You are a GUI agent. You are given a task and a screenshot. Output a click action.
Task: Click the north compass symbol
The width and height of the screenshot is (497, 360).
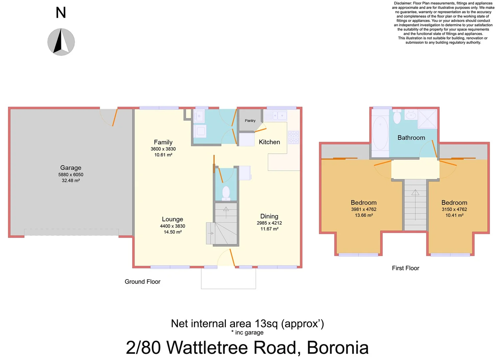pos(61,42)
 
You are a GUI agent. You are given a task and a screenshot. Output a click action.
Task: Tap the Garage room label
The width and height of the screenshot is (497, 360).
pos(71,168)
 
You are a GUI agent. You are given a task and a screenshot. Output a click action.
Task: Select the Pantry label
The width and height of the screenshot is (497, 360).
pos(250,121)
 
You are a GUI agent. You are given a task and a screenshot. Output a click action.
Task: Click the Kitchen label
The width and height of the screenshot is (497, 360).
pos(269,142)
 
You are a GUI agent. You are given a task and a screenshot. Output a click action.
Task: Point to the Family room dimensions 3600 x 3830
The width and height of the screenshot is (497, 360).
pos(163,149)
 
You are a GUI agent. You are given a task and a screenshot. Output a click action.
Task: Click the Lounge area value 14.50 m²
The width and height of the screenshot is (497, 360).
pos(173,232)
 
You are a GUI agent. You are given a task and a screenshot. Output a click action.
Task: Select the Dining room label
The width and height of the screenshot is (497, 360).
pos(269,216)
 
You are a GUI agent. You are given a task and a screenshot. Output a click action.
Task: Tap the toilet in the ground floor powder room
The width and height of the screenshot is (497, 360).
pos(226,193)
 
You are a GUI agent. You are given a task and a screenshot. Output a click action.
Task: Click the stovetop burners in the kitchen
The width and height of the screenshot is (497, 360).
pos(293,137)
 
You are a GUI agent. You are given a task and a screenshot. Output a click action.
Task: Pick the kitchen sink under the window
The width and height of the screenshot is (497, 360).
pos(275,116)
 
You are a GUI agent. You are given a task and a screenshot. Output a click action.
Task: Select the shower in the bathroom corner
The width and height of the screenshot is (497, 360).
pos(427,119)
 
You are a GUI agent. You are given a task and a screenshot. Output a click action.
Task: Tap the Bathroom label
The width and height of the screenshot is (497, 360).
pos(411,138)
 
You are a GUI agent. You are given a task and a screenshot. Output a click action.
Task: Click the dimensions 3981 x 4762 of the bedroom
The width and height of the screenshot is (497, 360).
pos(363,209)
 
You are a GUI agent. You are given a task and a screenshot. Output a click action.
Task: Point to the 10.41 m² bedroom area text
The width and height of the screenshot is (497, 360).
pos(454,215)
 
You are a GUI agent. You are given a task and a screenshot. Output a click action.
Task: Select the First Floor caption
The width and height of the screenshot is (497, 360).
pos(405,268)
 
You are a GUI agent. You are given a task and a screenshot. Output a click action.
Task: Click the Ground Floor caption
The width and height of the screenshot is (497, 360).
pos(142,282)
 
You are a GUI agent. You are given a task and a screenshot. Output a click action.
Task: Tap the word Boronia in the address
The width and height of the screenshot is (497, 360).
pos(337,348)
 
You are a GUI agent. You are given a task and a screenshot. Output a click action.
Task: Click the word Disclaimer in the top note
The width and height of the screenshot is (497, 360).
pos(403,3)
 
